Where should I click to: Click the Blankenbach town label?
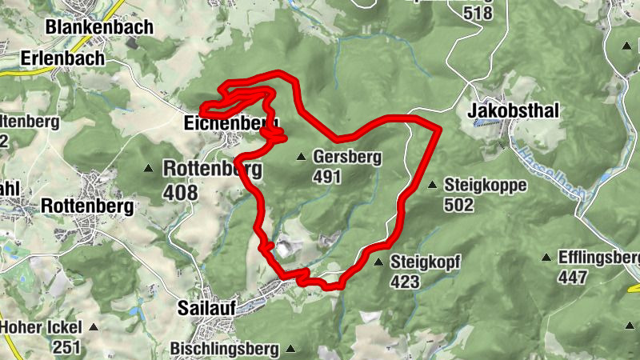point(99,27)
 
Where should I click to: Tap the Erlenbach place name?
point(62,58)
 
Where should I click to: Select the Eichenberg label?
point(230,124)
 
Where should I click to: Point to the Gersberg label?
point(347,157)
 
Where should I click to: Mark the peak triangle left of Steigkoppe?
point(433,186)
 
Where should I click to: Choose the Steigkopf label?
point(424,262)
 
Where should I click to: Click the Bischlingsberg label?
point(224,350)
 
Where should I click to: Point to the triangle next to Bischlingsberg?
point(290,349)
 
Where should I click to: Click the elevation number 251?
point(67,346)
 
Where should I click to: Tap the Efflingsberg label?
point(600,258)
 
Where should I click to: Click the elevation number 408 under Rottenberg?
point(180,193)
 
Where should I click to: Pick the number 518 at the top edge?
point(478,12)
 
